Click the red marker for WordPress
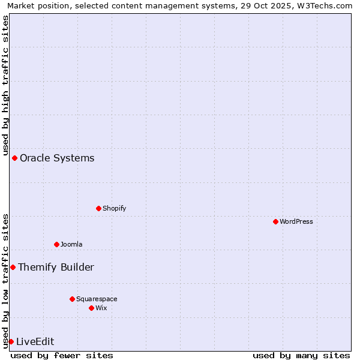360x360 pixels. (275, 221)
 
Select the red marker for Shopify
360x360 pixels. (98, 208)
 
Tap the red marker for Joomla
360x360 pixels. (56, 244)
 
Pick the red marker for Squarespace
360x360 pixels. (72, 299)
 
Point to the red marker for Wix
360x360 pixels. (91, 308)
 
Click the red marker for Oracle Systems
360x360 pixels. (14, 158)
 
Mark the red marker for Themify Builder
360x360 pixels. (13, 267)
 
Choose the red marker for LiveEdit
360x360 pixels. (11, 341)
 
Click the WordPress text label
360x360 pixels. (296, 221)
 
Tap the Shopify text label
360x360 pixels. (115, 208)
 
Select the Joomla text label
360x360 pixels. (71, 244)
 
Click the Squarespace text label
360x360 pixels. (97, 299)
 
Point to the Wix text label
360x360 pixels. (101, 308)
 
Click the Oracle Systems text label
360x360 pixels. (57, 158)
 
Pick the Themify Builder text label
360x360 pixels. (56, 268)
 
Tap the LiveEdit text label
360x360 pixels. (35, 342)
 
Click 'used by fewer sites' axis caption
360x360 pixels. (62, 355)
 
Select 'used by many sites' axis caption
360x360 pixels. (301, 355)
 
